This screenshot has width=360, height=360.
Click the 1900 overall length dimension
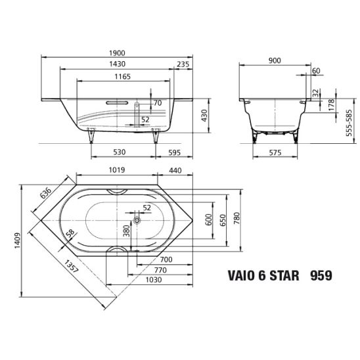(x=117, y=53)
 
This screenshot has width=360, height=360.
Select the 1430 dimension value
(x=117, y=64)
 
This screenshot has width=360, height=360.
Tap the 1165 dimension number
(x=123, y=76)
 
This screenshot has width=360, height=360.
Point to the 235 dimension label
(x=183, y=64)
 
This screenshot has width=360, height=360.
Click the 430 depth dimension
(x=204, y=116)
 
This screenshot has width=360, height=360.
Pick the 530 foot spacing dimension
(x=120, y=152)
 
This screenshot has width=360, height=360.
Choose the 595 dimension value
(x=175, y=152)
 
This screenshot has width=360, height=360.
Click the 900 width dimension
(x=275, y=60)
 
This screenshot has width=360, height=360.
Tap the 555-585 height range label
(x=349, y=123)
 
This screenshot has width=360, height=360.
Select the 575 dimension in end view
(x=275, y=152)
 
